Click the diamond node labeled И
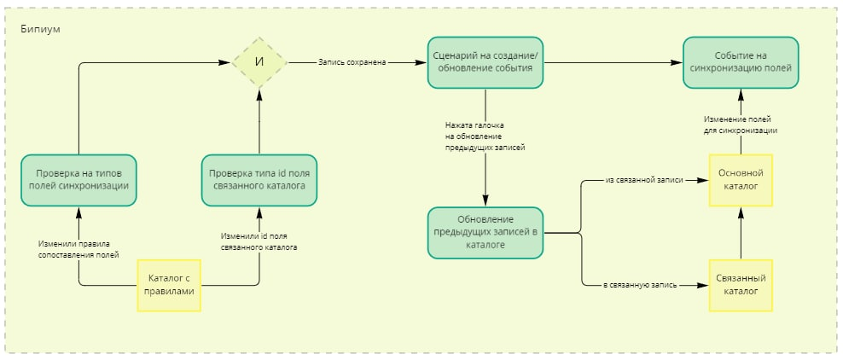pos(259,62)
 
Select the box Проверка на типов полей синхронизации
pos(78,180)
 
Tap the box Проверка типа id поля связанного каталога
pos(259,180)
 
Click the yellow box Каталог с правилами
pos(169,285)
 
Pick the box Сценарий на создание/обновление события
pos(485,62)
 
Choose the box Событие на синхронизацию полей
pos(741,62)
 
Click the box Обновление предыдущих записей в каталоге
pos(485,233)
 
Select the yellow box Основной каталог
pos(741,180)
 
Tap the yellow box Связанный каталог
pos(741,285)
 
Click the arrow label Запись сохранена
pos(351,63)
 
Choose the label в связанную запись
pos(640,286)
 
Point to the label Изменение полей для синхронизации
pos(741,125)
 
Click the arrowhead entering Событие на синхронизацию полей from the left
pos(677,63)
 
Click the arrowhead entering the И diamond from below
pos(259,94)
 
